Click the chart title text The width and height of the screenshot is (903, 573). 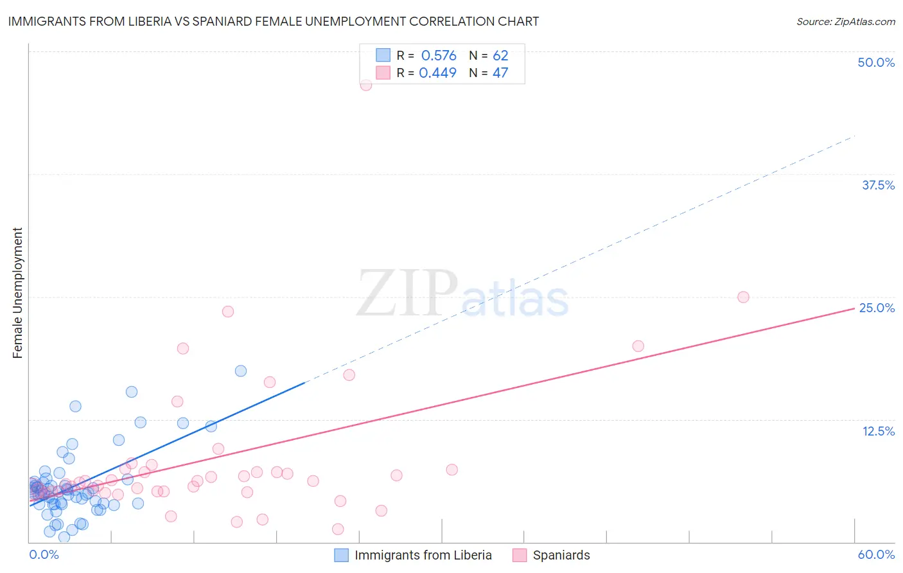[274, 21]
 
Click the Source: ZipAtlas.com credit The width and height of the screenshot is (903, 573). [845, 21]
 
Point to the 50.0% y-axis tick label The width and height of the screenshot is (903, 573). [876, 62]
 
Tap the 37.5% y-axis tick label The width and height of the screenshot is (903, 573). [877, 185]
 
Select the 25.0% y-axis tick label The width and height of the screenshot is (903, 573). [877, 308]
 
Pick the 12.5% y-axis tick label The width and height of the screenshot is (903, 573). [878, 430]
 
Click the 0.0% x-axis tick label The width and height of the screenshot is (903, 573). [44, 554]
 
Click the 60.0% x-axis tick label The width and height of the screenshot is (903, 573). [876, 554]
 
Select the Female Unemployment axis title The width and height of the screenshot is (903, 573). [17, 293]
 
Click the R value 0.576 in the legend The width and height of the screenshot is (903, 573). [439, 56]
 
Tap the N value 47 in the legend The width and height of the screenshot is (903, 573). [500, 73]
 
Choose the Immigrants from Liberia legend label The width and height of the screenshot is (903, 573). [423, 555]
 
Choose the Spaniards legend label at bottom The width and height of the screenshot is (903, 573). [561, 555]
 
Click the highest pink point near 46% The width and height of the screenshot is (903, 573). [366, 85]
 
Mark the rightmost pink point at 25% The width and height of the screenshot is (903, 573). [743, 297]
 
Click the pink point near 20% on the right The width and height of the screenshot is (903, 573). [638, 346]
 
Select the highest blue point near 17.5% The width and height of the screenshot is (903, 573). [241, 371]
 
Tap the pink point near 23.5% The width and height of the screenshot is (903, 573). [227, 312]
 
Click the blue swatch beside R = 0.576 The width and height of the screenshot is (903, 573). [383, 56]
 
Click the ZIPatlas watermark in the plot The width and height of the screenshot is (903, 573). [462, 294]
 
